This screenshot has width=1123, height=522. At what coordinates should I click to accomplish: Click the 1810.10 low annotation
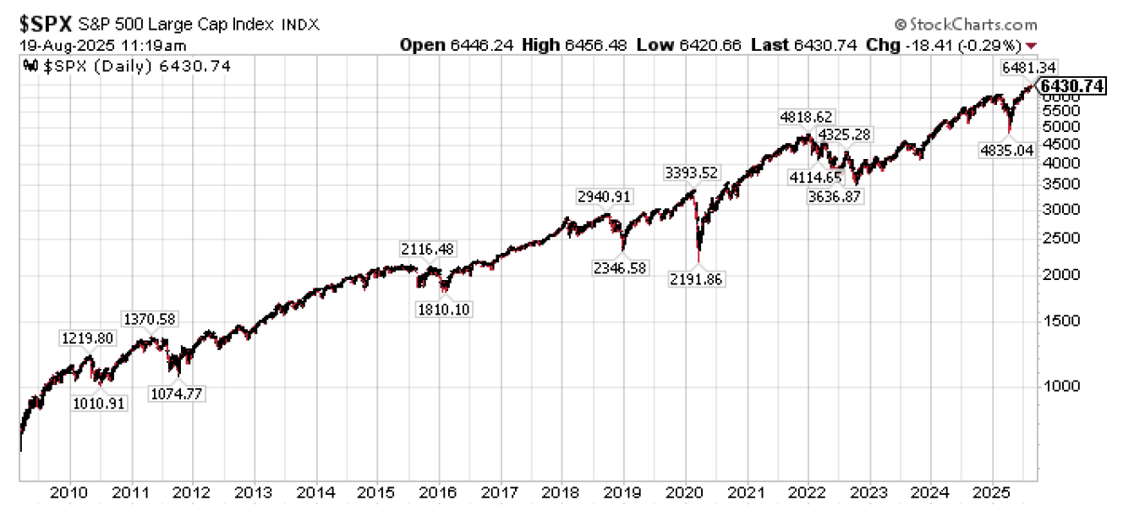point(444,309)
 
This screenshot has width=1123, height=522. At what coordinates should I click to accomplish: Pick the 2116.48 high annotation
point(427,249)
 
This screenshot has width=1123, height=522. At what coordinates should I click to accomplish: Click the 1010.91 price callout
point(98,404)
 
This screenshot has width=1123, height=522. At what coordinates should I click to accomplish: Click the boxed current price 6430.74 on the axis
point(1072,86)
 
